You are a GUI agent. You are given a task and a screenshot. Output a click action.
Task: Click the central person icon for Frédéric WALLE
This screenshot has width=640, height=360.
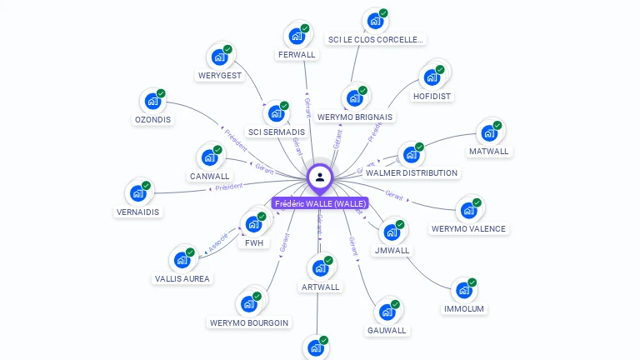pos(319,177)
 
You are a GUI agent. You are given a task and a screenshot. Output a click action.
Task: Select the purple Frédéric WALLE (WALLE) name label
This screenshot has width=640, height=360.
pos(319,203)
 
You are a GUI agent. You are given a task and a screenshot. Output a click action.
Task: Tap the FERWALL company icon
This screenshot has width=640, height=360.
pos(295,36)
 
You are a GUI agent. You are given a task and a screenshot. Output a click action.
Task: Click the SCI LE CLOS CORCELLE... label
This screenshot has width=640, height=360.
pos(376,39)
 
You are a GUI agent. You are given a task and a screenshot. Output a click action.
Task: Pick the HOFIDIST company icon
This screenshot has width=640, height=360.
pos(431,77)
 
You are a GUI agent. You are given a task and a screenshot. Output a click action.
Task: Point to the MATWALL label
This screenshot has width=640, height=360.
pos(489,152)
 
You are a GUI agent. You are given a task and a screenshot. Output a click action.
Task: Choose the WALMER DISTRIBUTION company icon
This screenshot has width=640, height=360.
pos(410,155)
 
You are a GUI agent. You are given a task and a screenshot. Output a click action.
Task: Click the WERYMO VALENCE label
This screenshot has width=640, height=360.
pos(468,228)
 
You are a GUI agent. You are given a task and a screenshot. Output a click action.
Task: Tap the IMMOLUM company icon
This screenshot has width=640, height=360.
pos(462,291)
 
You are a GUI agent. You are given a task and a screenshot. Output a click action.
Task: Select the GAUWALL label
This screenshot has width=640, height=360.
pos(387,330)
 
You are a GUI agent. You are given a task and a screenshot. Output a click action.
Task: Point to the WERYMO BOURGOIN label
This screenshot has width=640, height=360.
pos(249,322)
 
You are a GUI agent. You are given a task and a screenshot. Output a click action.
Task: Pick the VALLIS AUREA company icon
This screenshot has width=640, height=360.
pos(181,260)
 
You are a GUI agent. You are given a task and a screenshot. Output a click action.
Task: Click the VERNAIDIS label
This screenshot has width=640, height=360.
pos(138,212)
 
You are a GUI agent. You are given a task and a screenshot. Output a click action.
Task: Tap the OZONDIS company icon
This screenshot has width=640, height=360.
pos(152,102)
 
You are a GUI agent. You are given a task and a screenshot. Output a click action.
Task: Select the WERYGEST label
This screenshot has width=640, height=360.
pos(220,76)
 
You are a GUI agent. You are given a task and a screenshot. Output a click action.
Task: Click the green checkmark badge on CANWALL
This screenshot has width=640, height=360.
pos(217,150)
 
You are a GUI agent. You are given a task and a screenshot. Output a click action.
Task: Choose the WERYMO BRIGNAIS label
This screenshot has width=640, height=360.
pos(355,117)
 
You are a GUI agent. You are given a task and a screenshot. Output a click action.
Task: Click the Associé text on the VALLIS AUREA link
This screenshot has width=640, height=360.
pos(217,242)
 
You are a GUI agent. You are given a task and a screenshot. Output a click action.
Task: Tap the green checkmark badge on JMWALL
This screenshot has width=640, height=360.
pos(400,225)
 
